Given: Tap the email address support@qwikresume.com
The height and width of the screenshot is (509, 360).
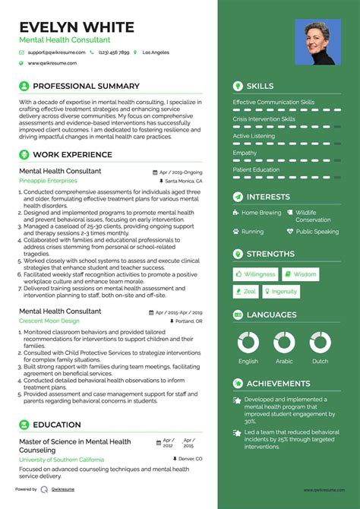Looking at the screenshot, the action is tap(55, 52).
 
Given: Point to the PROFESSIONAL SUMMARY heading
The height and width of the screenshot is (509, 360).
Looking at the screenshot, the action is tap(86, 86).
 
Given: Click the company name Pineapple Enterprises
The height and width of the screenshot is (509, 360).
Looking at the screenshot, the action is tap(48, 182).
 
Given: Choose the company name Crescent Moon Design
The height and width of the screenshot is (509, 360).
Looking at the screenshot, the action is tap(51, 321).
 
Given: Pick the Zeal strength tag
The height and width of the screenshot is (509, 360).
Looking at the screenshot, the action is tap(247, 291).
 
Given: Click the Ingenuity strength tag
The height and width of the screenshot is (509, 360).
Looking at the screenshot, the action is tap(281, 291).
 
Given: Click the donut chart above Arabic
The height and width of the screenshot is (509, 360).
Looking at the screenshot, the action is tap(283, 343).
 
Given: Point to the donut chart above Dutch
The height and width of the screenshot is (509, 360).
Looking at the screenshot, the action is tap(320, 343).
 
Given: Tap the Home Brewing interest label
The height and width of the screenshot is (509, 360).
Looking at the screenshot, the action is tap(261, 213).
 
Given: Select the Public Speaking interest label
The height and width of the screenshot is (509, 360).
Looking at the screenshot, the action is tap(317, 232).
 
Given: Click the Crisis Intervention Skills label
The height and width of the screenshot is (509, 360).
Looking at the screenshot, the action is tap(264, 119).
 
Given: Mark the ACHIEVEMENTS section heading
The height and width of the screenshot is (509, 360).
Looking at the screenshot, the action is tap(278, 384).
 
